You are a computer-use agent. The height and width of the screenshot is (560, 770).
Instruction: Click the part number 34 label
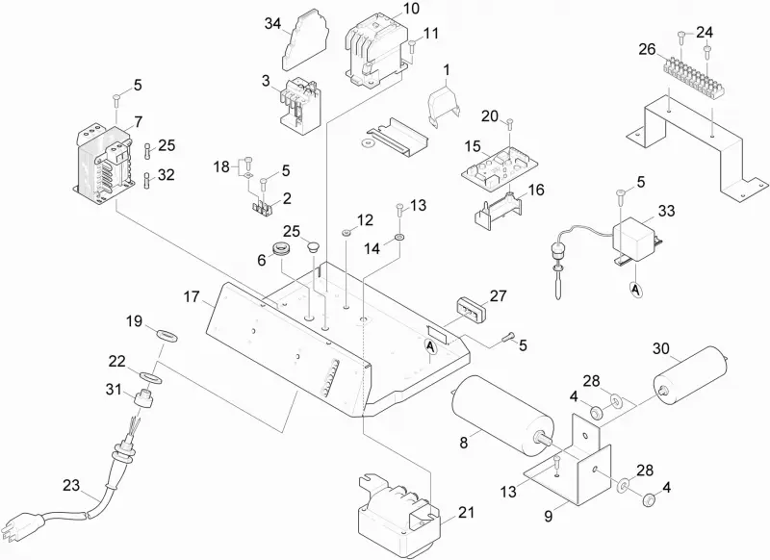pos(273,23)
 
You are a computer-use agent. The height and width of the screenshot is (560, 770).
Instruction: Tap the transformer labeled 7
pos(103,165)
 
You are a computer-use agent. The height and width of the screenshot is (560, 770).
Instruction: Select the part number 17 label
pos(192,297)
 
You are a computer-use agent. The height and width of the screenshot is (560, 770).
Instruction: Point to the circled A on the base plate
pos(430,347)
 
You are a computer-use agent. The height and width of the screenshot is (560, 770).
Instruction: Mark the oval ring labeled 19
pos(167,336)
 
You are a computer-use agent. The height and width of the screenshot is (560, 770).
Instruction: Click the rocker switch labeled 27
pos(471,309)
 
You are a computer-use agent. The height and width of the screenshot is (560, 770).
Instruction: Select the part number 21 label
pos(467,513)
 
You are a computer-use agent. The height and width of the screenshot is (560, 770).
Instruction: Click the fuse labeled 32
pos(148,180)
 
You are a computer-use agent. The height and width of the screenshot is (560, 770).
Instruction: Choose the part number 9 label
pos(549,517)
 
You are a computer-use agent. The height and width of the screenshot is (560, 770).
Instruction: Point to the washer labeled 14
pos(398,238)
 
